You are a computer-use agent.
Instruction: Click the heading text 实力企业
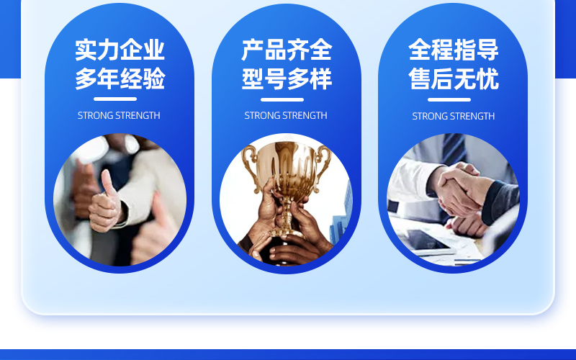[x=120, y=50]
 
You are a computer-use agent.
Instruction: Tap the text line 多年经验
[x=120, y=78]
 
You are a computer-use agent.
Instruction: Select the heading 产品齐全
[x=287, y=50]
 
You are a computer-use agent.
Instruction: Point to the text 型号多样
[x=287, y=78]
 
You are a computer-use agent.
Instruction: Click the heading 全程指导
[x=454, y=50]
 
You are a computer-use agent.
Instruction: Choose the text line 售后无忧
[x=454, y=78]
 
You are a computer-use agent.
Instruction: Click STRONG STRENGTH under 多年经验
[x=119, y=115]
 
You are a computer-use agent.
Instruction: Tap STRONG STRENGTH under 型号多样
[x=286, y=115]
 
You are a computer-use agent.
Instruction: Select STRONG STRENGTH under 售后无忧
[x=454, y=116]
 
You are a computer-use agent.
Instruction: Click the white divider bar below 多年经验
[x=115, y=99]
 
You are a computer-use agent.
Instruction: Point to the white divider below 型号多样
[x=282, y=99]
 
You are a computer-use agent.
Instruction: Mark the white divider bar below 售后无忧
[x=449, y=99]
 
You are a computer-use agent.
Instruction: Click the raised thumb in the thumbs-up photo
[x=108, y=183]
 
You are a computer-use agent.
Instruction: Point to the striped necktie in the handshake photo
[x=454, y=149]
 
